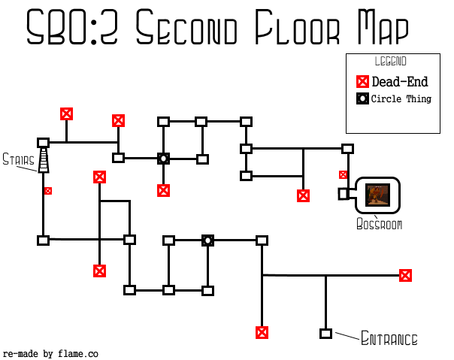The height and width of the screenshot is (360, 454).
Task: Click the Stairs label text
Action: [x=17, y=159]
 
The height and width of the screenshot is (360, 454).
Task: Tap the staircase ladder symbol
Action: [x=44, y=160]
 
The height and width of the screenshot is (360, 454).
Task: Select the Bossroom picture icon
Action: [x=376, y=195]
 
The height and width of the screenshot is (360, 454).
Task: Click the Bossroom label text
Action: [x=379, y=225]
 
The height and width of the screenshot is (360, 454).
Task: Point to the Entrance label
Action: [x=389, y=339]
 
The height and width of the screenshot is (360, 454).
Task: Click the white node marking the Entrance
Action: [x=325, y=334]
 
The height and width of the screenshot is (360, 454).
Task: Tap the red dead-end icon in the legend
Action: [x=362, y=83]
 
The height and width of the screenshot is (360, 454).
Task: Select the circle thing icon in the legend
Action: [x=362, y=99]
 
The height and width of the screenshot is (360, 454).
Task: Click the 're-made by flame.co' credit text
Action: [x=50, y=353]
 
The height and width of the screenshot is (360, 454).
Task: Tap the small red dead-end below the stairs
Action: [x=48, y=191]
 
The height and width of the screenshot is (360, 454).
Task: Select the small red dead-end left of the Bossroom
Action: [x=343, y=175]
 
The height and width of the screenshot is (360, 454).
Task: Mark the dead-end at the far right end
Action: [x=406, y=276]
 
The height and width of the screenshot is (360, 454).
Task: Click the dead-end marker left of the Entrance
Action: [x=262, y=333]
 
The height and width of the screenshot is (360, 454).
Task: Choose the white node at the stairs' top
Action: [x=44, y=143]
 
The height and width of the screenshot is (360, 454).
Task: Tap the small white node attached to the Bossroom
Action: [x=343, y=194]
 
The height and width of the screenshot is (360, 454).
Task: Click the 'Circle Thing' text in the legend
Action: [x=401, y=99]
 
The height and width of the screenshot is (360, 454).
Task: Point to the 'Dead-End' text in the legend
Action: [x=400, y=83]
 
